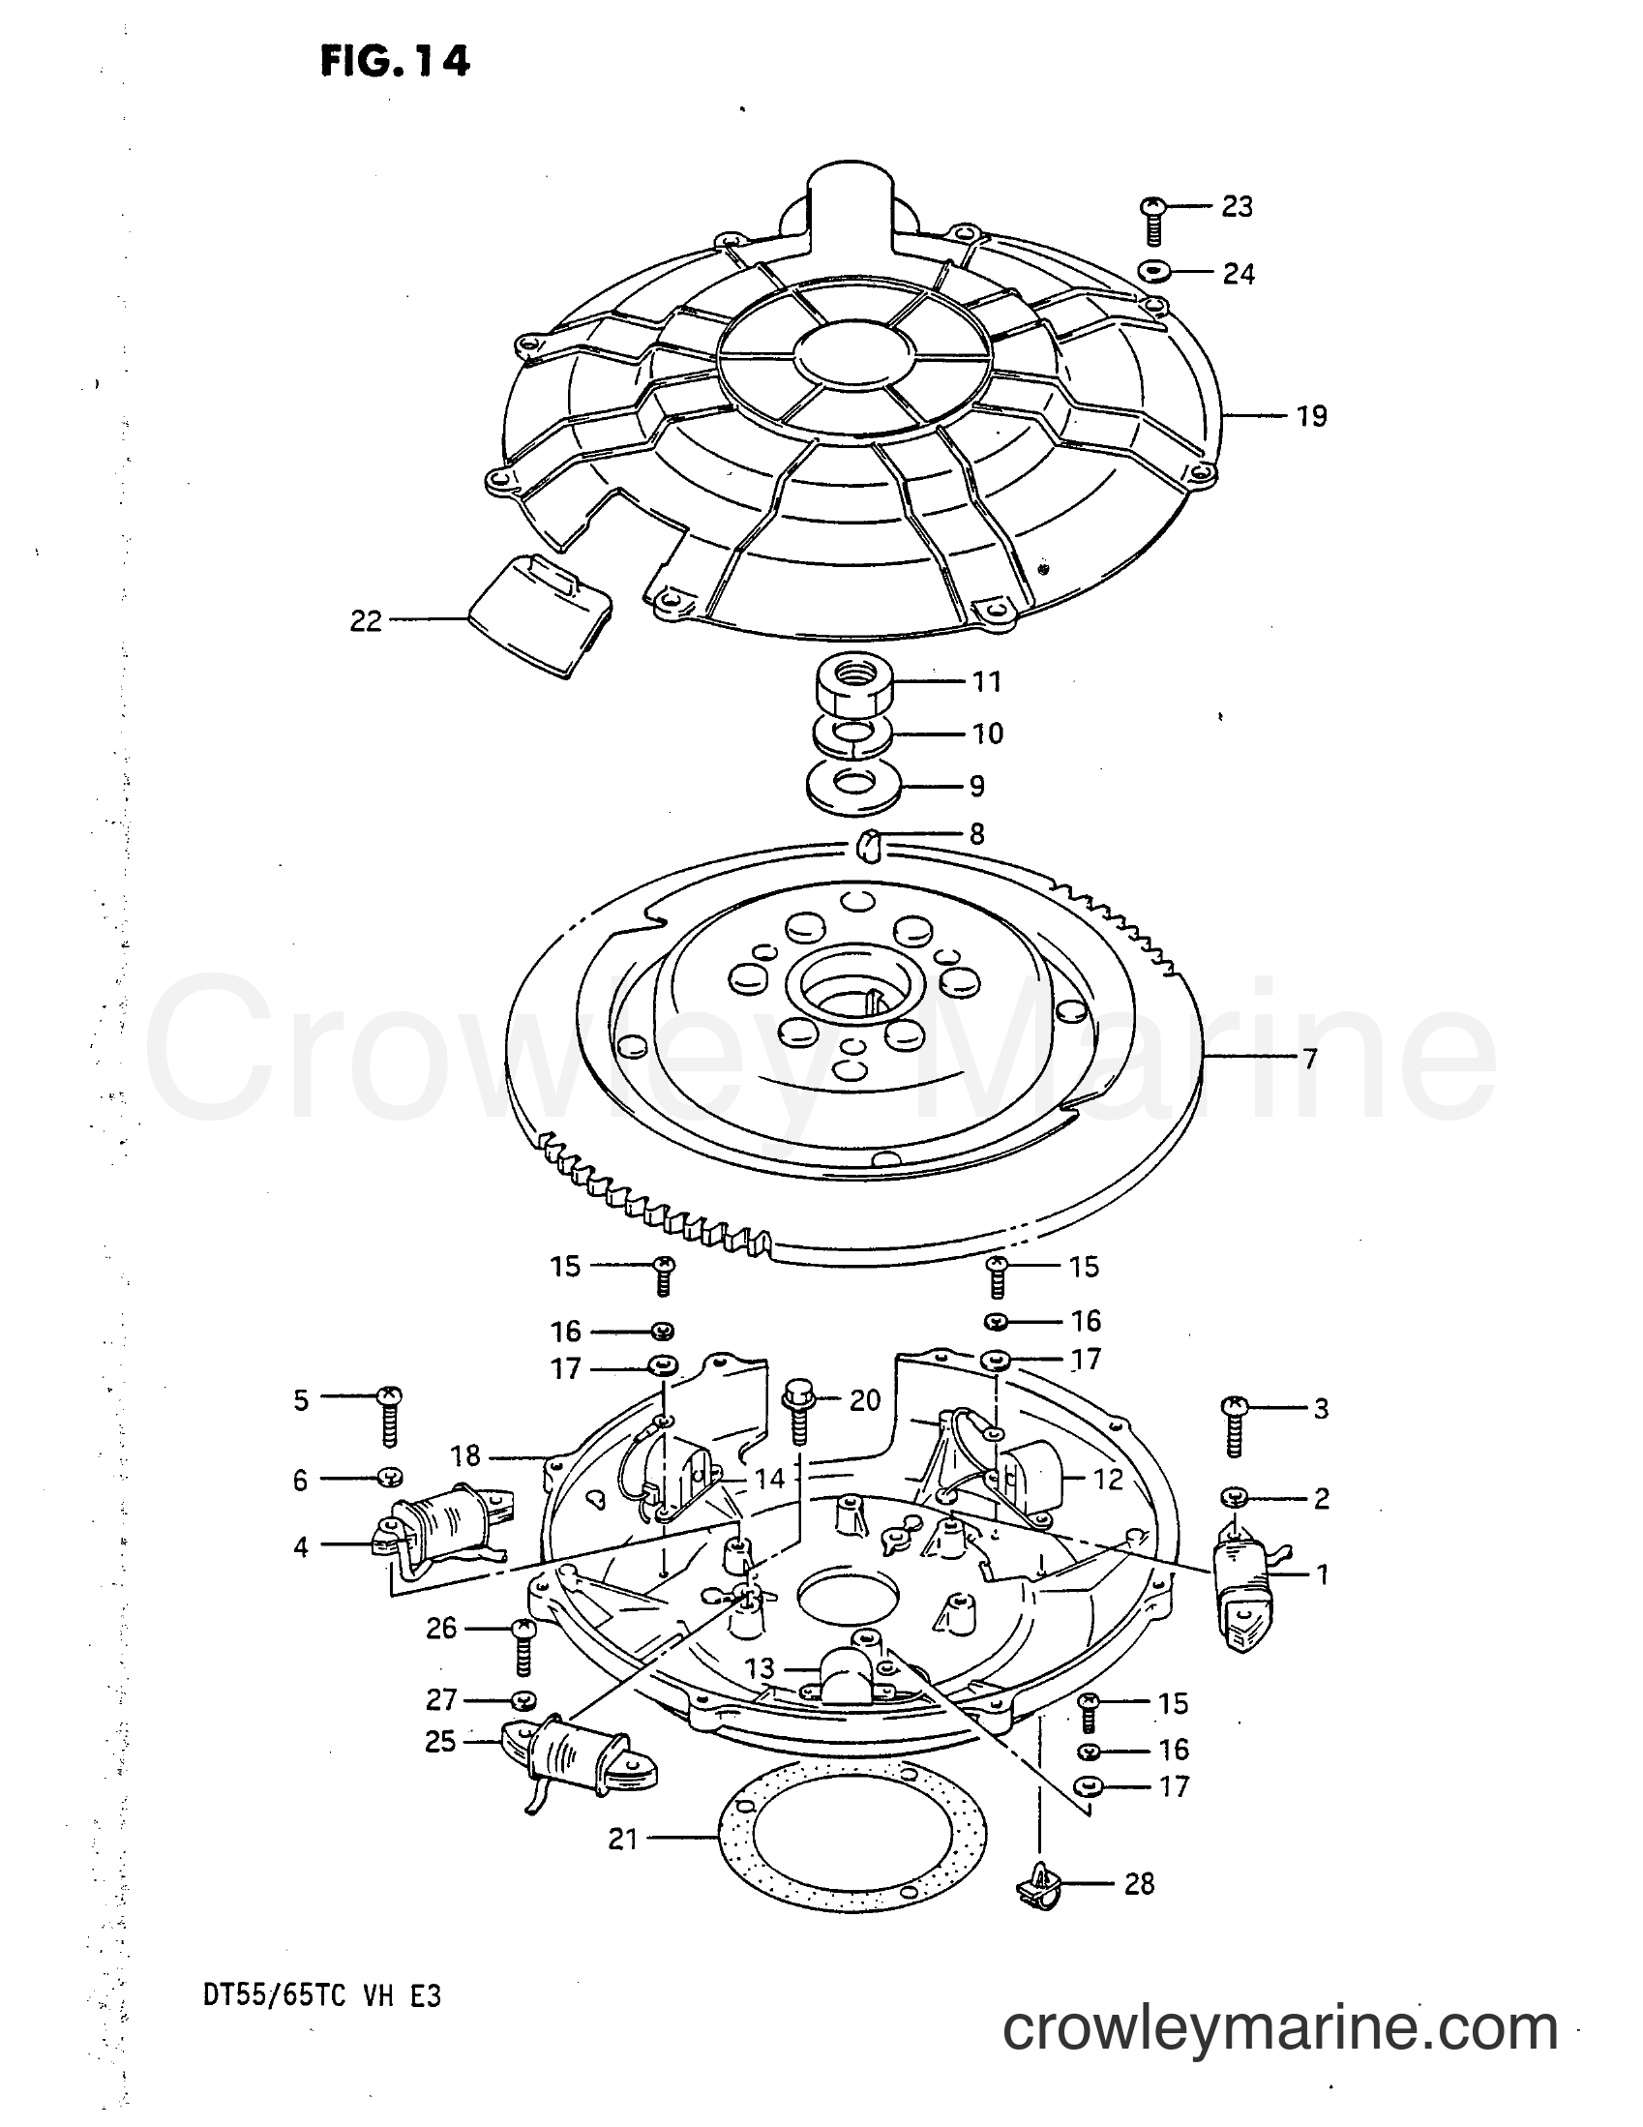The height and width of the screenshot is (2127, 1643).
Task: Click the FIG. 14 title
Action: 395,61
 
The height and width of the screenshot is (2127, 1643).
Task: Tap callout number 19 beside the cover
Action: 1312,416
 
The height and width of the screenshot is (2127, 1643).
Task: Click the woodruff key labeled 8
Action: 868,845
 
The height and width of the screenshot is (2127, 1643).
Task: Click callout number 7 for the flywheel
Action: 1310,1058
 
